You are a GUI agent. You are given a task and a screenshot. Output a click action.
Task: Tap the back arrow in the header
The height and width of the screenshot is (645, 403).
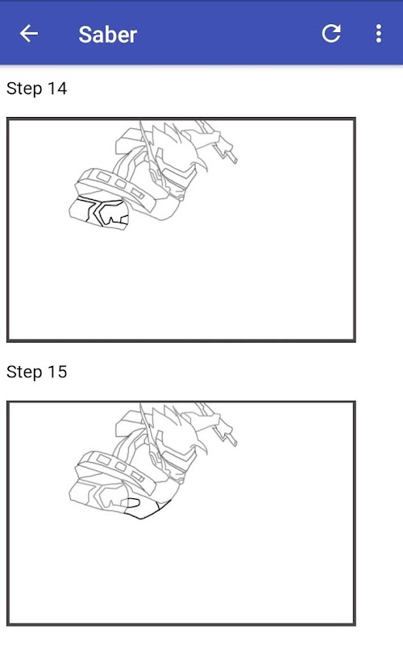tap(29, 33)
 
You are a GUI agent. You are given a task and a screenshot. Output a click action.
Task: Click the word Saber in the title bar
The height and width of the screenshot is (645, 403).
tap(108, 34)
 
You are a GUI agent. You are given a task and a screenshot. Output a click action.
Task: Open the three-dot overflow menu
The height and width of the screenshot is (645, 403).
tap(379, 33)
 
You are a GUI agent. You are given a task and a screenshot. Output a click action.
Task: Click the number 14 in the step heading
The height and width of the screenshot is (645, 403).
tap(57, 89)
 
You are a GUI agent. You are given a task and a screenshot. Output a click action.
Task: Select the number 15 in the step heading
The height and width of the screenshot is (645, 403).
tap(57, 372)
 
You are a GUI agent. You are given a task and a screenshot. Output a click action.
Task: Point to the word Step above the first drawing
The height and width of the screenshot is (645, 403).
tap(25, 89)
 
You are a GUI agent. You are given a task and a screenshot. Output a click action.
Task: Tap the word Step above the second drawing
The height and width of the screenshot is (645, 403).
tap(25, 372)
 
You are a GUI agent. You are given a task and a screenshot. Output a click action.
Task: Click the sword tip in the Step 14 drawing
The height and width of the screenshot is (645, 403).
tap(235, 160)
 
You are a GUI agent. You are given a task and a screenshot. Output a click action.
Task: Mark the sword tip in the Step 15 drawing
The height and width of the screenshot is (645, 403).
tap(235, 443)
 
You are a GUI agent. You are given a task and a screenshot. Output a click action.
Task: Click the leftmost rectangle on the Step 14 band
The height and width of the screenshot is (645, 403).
tap(104, 177)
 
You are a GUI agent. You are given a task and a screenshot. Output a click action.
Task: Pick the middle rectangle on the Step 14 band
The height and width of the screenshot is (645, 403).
tap(120, 184)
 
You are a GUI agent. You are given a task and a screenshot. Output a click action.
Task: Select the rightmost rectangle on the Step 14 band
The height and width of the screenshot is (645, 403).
tap(137, 193)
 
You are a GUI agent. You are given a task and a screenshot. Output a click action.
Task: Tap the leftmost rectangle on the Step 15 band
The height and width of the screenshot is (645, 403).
tap(104, 460)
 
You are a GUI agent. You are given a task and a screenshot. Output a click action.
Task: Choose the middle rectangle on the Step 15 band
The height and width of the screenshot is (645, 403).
tap(120, 467)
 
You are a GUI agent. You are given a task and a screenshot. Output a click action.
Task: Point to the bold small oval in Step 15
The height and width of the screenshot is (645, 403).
tap(131, 503)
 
